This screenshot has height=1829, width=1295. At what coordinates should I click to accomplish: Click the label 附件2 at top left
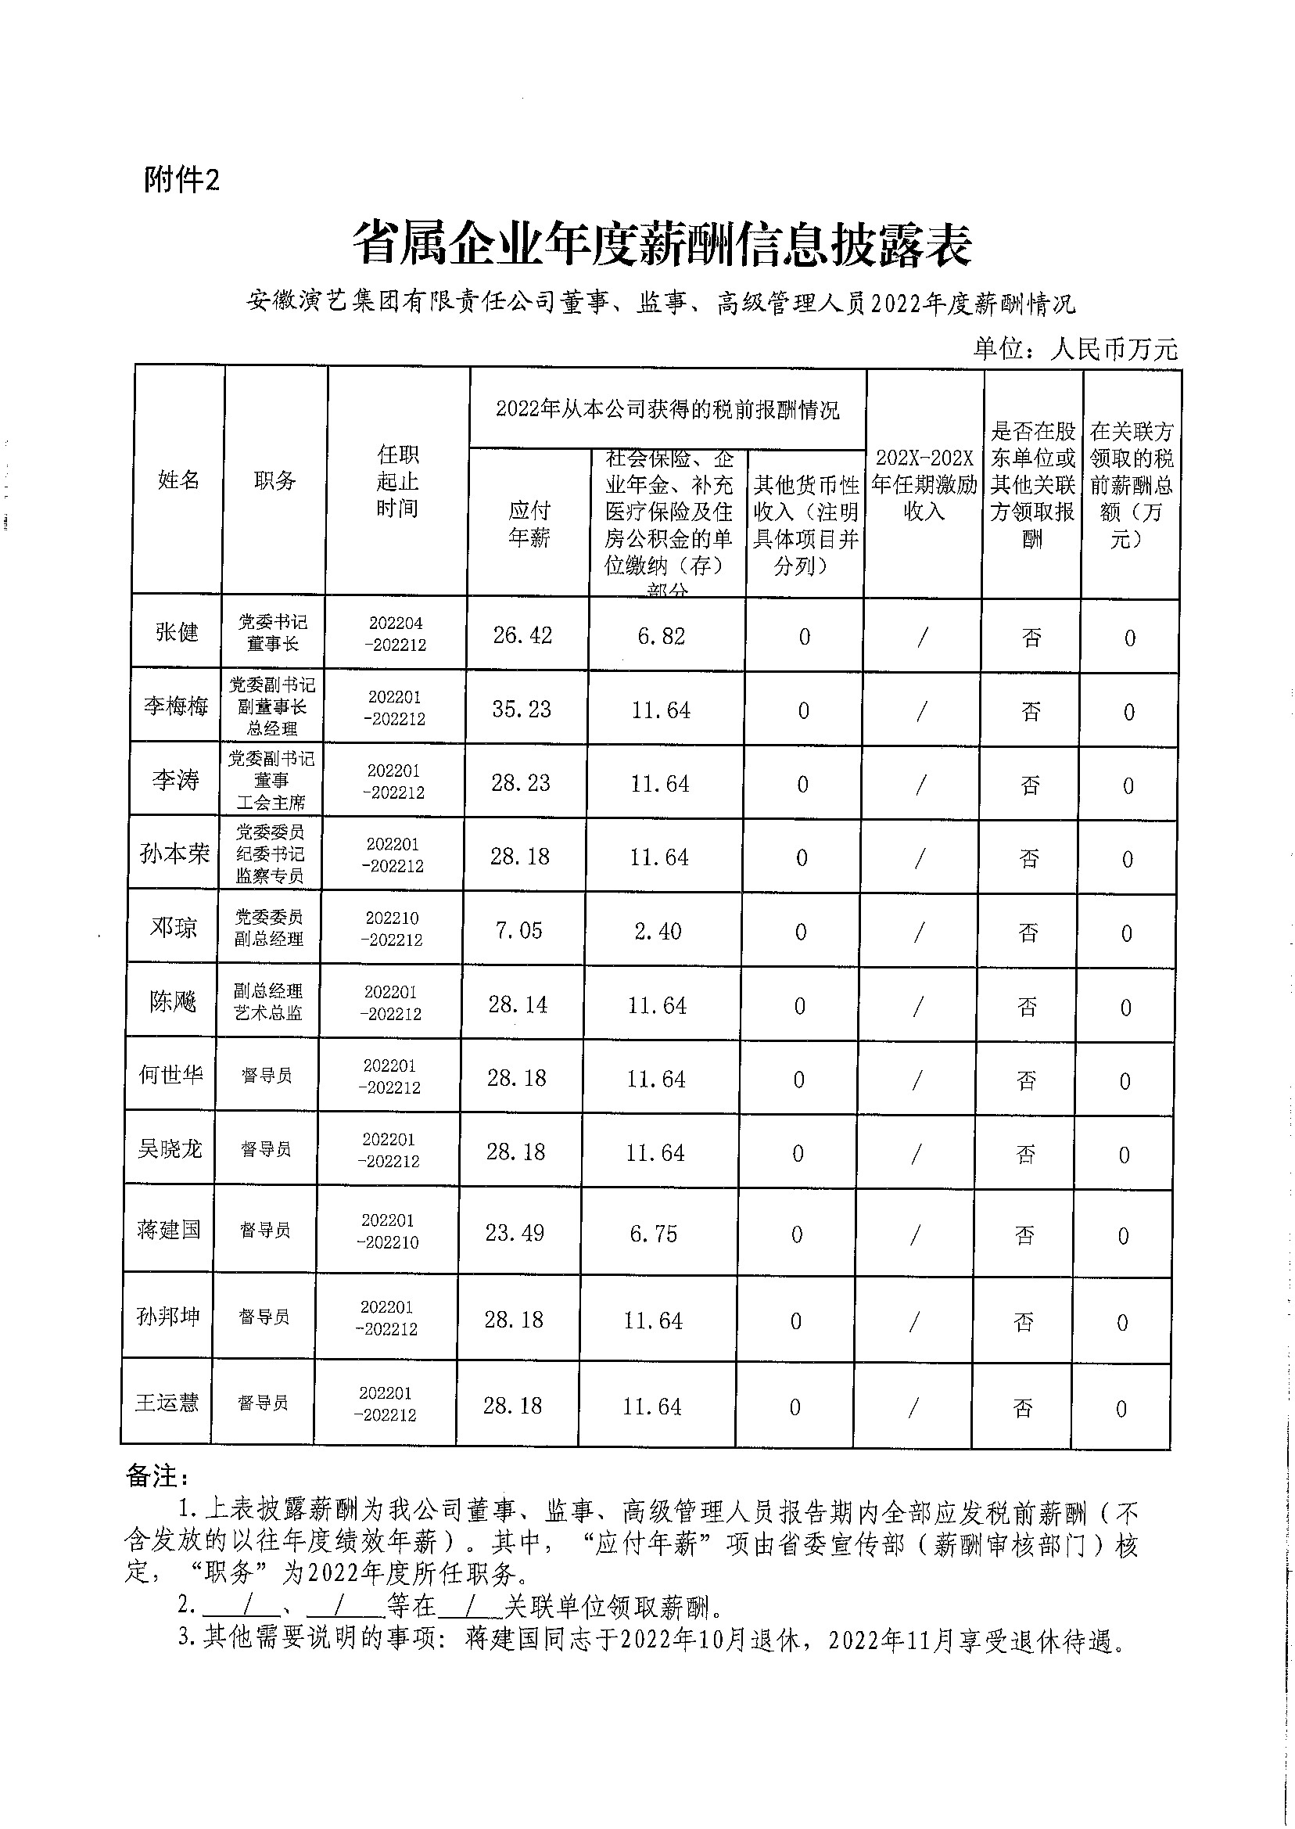[x=181, y=181]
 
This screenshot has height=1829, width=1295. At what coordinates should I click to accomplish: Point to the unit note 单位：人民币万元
[x=1074, y=349]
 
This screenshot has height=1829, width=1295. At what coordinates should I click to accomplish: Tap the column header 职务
[x=274, y=480]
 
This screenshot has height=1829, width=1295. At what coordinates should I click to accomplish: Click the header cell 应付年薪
[x=529, y=524]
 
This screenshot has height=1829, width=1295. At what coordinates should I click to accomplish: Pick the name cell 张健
[x=176, y=633]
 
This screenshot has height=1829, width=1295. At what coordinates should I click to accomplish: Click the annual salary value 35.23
[x=522, y=709]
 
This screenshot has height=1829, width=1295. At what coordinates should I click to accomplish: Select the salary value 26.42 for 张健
[x=522, y=635]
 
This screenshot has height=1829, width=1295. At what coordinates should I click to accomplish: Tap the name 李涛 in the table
[x=175, y=779]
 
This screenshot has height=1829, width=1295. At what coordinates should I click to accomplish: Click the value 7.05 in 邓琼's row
[x=518, y=930]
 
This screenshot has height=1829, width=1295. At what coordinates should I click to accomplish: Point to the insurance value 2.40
[x=658, y=931]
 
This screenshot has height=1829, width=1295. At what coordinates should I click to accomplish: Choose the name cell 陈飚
[x=173, y=1001]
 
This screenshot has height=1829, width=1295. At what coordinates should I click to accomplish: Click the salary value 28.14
[x=518, y=1004]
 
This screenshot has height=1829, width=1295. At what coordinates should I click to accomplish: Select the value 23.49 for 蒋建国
[x=515, y=1233]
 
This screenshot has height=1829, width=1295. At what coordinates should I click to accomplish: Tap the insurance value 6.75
[x=653, y=1234]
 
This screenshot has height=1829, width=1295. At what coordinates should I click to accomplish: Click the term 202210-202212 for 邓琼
[x=392, y=929]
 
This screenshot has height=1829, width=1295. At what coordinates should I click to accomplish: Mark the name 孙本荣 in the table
[x=174, y=853]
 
